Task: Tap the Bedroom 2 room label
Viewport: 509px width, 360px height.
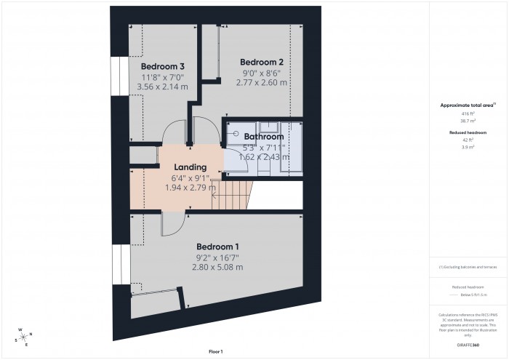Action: click(x=262, y=62)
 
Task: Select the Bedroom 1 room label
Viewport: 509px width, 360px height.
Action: click(x=218, y=246)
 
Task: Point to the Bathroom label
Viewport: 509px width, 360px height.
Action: click(x=263, y=136)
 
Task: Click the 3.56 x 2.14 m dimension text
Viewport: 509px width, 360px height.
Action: click(x=162, y=87)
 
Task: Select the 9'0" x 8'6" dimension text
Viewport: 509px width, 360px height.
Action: click(x=262, y=73)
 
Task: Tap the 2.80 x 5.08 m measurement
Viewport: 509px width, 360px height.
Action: click(x=218, y=267)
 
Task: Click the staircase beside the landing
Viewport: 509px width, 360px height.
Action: click(x=235, y=195)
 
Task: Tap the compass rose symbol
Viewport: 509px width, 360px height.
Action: click(x=23, y=336)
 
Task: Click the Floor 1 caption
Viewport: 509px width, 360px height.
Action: click(x=215, y=352)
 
